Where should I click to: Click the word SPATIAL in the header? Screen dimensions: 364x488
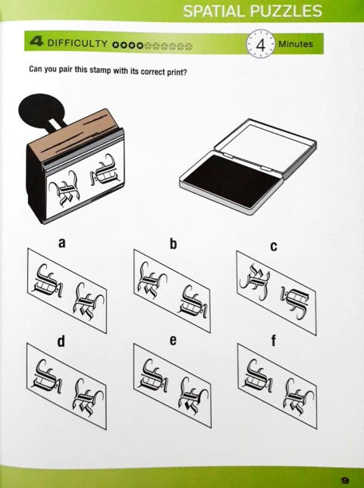(x=214, y=11)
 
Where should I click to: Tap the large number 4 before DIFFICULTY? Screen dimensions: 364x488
(x=36, y=42)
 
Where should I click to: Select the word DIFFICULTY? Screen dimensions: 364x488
(x=77, y=43)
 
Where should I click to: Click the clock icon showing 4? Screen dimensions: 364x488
(x=261, y=45)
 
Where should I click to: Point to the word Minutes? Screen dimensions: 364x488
(x=296, y=44)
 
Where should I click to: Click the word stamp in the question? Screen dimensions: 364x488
(x=100, y=70)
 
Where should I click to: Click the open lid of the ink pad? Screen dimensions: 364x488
(x=266, y=143)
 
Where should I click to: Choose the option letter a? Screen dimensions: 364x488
(x=62, y=242)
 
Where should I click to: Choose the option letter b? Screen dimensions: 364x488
(x=173, y=244)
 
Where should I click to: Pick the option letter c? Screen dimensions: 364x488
(x=274, y=246)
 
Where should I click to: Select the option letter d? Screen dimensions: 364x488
(x=61, y=341)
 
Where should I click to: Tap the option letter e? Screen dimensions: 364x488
(x=173, y=340)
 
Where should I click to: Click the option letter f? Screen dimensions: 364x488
(x=274, y=341)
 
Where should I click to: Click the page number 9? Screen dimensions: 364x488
(x=345, y=480)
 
